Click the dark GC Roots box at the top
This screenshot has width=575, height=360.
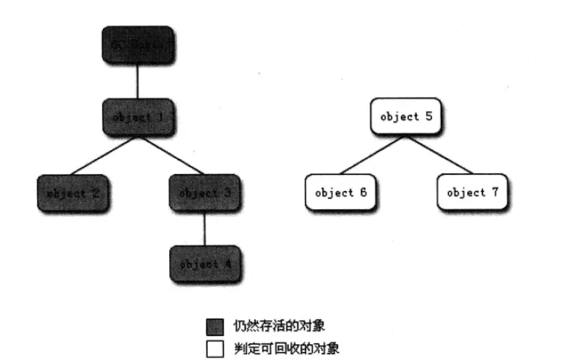pyautogui.click(x=137, y=44)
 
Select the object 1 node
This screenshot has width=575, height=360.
pyautogui.click(x=138, y=117)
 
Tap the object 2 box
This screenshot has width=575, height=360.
pyautogui.click(x=73, y=194)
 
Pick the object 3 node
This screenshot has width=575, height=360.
pyautogui.click(x=204, y=193)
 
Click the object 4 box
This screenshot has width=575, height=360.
pyautogui.click(x=205, y=264)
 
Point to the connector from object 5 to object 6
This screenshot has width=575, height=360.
pyautogui.click(x=373, y=154)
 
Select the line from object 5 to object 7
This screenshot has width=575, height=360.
pyautogui.click(x=439, y=154)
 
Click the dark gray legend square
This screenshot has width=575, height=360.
pyautogui.click(x=214, y=325)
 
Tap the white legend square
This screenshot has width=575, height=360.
pyautogui.click(x=214, y=348)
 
